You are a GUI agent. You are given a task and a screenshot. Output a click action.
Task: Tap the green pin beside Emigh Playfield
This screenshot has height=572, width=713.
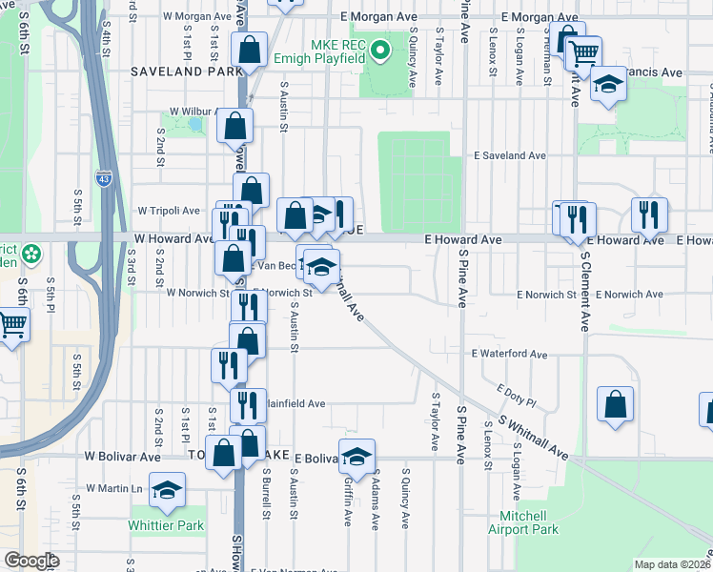click(x=380, y=49)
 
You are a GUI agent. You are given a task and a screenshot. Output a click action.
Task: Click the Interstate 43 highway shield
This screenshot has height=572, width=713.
click(x=103, y=177)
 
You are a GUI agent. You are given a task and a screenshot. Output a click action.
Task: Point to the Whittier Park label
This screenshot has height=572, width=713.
click(x=167, y=525)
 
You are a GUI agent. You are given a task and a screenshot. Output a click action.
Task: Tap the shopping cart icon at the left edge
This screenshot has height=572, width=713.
click(x=11, y=325)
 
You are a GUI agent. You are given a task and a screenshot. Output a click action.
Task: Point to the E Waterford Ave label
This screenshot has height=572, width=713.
click(x=510, y=354)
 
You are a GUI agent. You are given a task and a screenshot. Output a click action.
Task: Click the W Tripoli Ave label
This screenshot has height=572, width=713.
click(x=169, y=210)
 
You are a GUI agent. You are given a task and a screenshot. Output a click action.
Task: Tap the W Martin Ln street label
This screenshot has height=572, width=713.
click(x=114, y=488)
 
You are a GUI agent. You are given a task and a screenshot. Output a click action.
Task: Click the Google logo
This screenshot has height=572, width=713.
click(x=31, y=561)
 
